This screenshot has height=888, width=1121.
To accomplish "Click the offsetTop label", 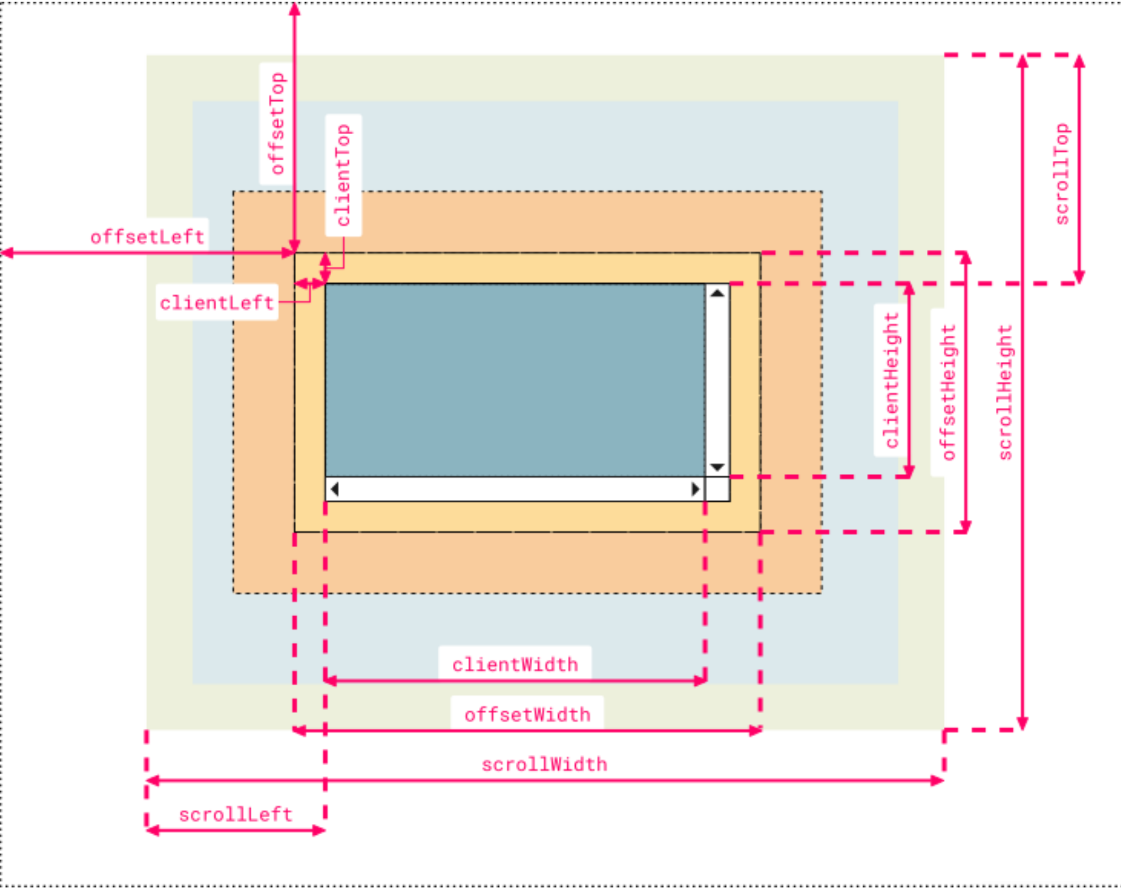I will (x=276, y=123).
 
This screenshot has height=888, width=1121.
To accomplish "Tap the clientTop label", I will (x=343, y=175).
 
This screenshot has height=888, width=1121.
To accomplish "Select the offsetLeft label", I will (x=147, y=237).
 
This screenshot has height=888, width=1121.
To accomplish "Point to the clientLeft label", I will (x=217, y=303).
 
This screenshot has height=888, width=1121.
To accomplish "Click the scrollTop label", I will (x=1062, y=174).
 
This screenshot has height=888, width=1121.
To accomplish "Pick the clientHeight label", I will (x=892, y=380).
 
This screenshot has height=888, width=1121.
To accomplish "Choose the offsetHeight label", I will (x=948, y=392).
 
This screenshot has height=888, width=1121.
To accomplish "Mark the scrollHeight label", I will (x=1005, y=392).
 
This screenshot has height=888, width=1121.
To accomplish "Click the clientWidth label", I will (x=515, y=664).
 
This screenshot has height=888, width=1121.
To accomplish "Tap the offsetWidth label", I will (x=527, y=715).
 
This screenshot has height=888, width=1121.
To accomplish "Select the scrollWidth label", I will (x=544, y=765).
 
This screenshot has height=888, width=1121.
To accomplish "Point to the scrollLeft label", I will (x=236, y=815).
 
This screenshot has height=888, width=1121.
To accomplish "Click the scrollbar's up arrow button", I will (x=717, y=293).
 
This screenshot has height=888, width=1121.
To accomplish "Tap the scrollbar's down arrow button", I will (x=717, y=467).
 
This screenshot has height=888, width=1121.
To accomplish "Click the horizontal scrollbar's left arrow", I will (x=335, y=489).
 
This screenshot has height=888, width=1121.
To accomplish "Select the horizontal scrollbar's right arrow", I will (x=695, y=489).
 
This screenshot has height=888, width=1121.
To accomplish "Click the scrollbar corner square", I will (x=717, y=489).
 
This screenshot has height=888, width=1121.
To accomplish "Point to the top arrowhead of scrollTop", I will (x=1080, y=61).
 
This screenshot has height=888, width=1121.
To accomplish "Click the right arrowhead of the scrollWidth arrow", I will (x=938, y=781).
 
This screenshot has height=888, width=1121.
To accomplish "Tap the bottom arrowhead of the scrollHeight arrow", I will (x=1022, y=723).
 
